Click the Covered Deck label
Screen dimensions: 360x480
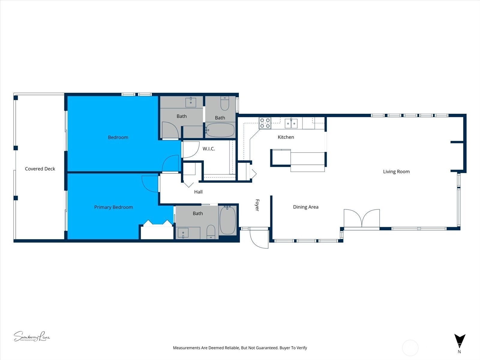40,169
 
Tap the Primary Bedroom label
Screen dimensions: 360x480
113,207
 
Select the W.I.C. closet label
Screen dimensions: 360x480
208,149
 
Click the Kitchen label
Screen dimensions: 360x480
286,137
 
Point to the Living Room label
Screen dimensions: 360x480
396,172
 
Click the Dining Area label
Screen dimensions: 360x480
305,207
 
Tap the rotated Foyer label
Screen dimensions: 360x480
257,205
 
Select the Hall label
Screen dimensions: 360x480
198,192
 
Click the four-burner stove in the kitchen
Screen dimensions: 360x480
265,123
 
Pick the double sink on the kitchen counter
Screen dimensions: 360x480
291,123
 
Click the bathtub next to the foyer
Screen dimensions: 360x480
228,220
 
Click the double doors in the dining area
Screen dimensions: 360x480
362,218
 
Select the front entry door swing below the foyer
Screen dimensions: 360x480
259,238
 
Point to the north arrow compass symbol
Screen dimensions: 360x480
459,341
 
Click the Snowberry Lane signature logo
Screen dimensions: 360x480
31,336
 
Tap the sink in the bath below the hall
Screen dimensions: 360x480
183,232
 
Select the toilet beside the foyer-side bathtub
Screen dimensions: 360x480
211,232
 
